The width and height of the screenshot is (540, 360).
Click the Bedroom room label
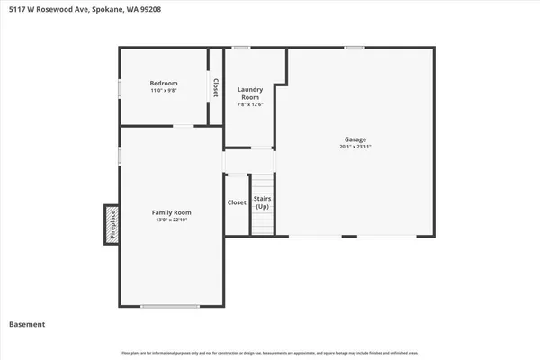pos(164,83)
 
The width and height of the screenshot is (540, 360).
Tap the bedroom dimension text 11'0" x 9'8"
pos(164,91)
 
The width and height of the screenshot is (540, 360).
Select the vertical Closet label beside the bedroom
pos(216,87)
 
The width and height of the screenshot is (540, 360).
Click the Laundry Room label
pos(249,93)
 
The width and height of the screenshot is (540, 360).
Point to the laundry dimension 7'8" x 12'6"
pos(249,104)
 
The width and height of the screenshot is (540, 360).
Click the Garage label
pos(355,139)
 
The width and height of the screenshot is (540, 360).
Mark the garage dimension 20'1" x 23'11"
pos(355,147)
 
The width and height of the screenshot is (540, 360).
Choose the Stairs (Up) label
pos(262,203)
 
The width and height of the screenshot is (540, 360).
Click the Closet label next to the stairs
pos(237,203)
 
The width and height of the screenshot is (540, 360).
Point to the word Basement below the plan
pos(27,324)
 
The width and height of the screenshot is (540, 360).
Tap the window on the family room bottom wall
pos(170,307)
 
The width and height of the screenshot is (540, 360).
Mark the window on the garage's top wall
pos(355,47)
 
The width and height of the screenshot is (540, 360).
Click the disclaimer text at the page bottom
pos(270,352)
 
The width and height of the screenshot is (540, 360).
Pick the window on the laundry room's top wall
pos(241,47)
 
